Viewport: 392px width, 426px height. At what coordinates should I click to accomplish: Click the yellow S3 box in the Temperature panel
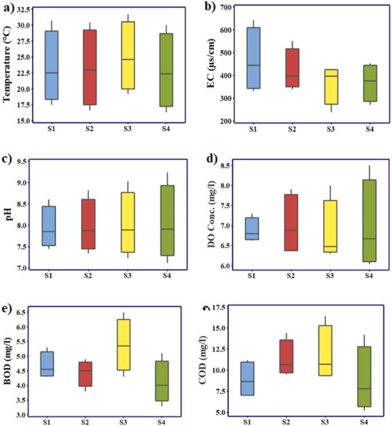pos(128,56)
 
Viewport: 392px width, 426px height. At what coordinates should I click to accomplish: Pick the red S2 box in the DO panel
pos(292,222)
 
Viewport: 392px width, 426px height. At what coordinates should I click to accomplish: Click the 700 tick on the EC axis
pos(225,7)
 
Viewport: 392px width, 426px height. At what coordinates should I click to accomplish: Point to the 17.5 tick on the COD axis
pos(223,308)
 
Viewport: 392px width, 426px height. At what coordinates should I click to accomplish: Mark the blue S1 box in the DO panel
pos(252,228)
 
